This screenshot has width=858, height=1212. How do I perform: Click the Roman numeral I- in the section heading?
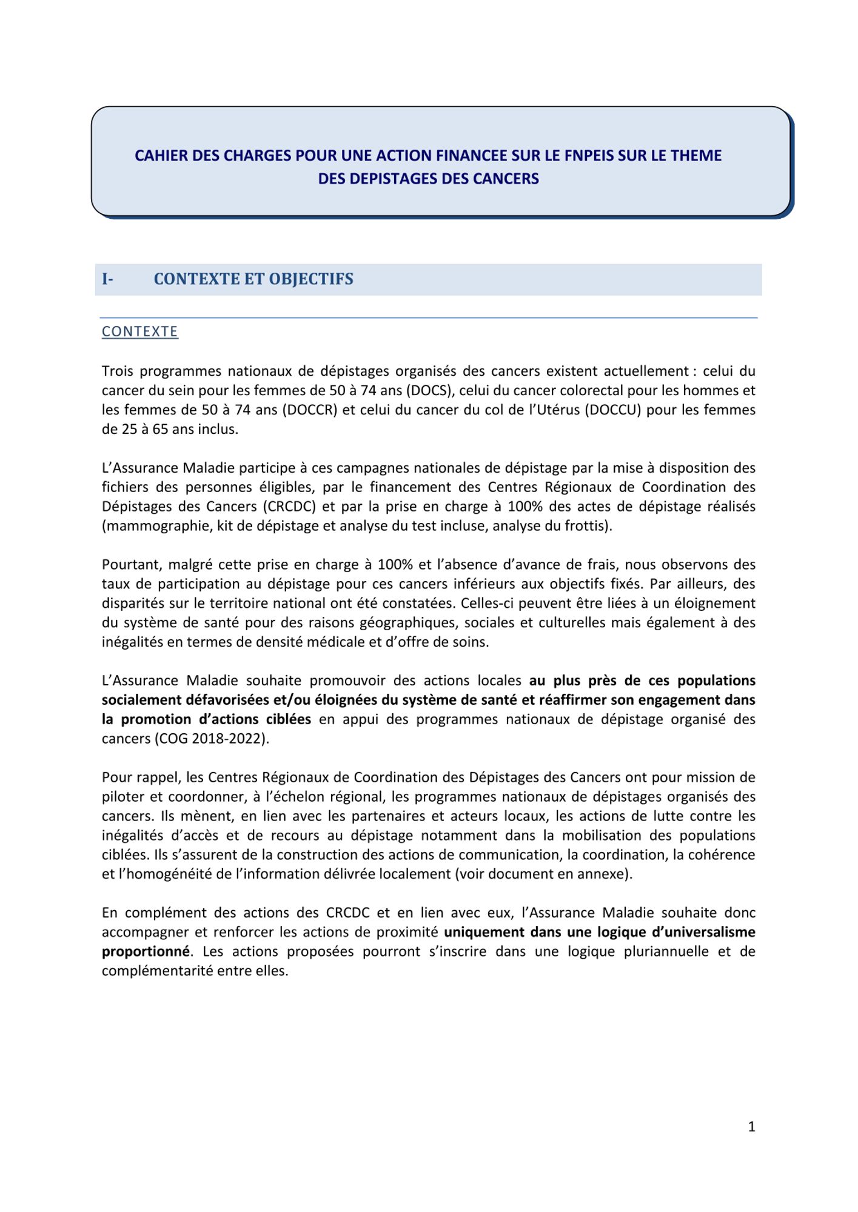(107, 279)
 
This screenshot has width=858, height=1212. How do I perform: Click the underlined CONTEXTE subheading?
(140, 331)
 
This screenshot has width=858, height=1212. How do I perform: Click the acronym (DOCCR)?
(309, 410)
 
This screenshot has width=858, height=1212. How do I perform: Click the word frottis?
(589, 526)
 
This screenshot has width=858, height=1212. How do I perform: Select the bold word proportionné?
(146, 951)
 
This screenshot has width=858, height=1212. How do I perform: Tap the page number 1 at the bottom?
(752, 1127)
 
